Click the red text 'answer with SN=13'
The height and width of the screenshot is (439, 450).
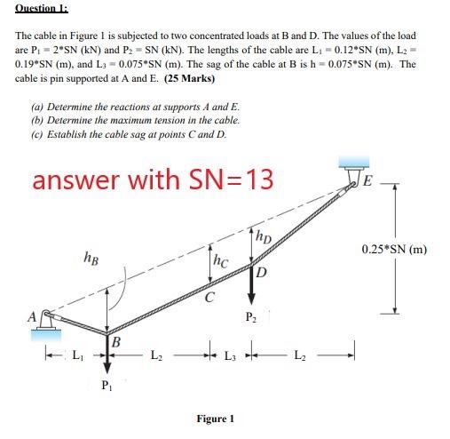(152, 180)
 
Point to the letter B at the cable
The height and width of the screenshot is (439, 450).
(115, 340)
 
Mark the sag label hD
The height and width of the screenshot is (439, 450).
(263, 237)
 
